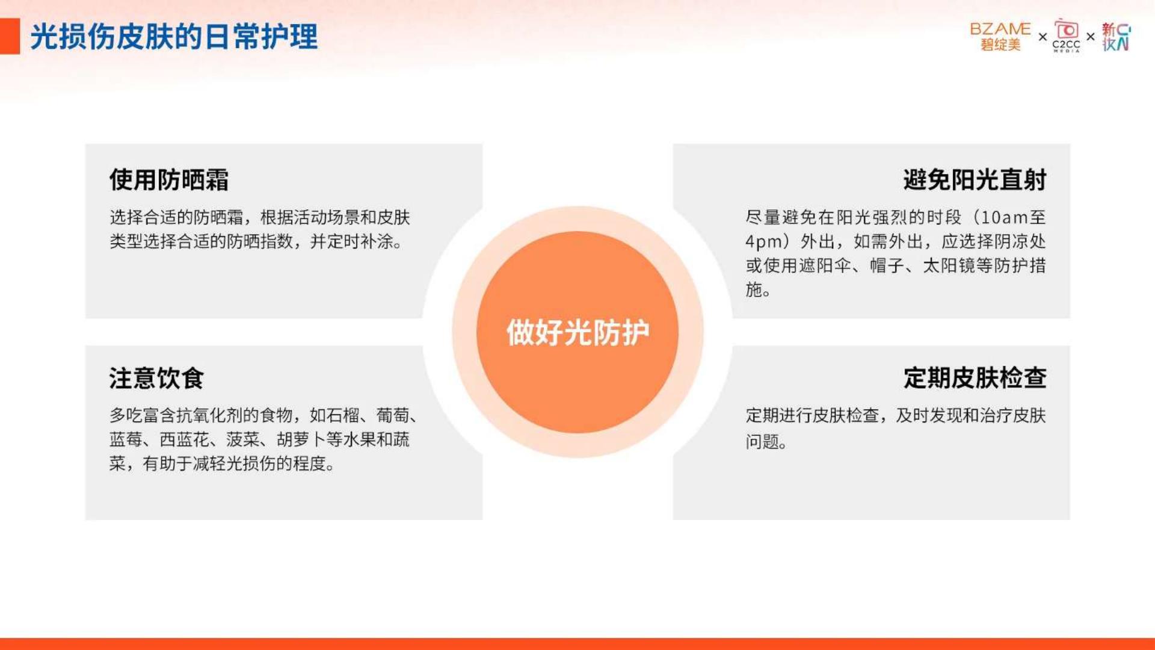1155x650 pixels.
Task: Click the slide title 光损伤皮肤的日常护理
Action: (174, 37)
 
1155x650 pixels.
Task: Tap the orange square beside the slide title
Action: (10, 36)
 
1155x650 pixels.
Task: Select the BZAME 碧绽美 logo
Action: (1000, 37)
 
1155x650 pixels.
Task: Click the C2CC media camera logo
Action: (1066, 36)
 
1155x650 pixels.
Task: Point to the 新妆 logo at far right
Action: (1116, 37)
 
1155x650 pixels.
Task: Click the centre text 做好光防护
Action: (577, 332)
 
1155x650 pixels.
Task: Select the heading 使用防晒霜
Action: (169, 179)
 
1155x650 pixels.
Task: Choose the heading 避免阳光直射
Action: (975, 179)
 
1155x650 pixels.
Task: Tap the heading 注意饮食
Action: (156, 378)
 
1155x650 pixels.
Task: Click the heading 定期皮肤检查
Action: (975, 378)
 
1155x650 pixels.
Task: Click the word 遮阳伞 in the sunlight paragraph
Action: (825, 265)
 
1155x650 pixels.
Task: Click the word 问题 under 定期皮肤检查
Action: (762, 442)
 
